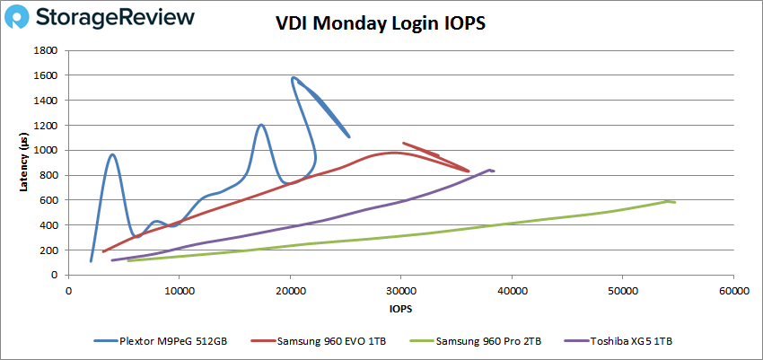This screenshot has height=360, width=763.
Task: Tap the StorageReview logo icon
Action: click(22, 17)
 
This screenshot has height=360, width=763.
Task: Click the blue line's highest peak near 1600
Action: click(294, 77)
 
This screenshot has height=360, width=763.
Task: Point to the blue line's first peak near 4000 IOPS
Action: click(112, 154)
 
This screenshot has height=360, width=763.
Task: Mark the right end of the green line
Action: click(675, 202)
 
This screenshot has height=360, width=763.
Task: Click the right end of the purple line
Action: click(494, 171)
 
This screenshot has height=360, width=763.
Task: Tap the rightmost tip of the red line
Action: click(469, 171)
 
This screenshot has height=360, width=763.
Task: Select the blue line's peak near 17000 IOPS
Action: click(260, 125)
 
